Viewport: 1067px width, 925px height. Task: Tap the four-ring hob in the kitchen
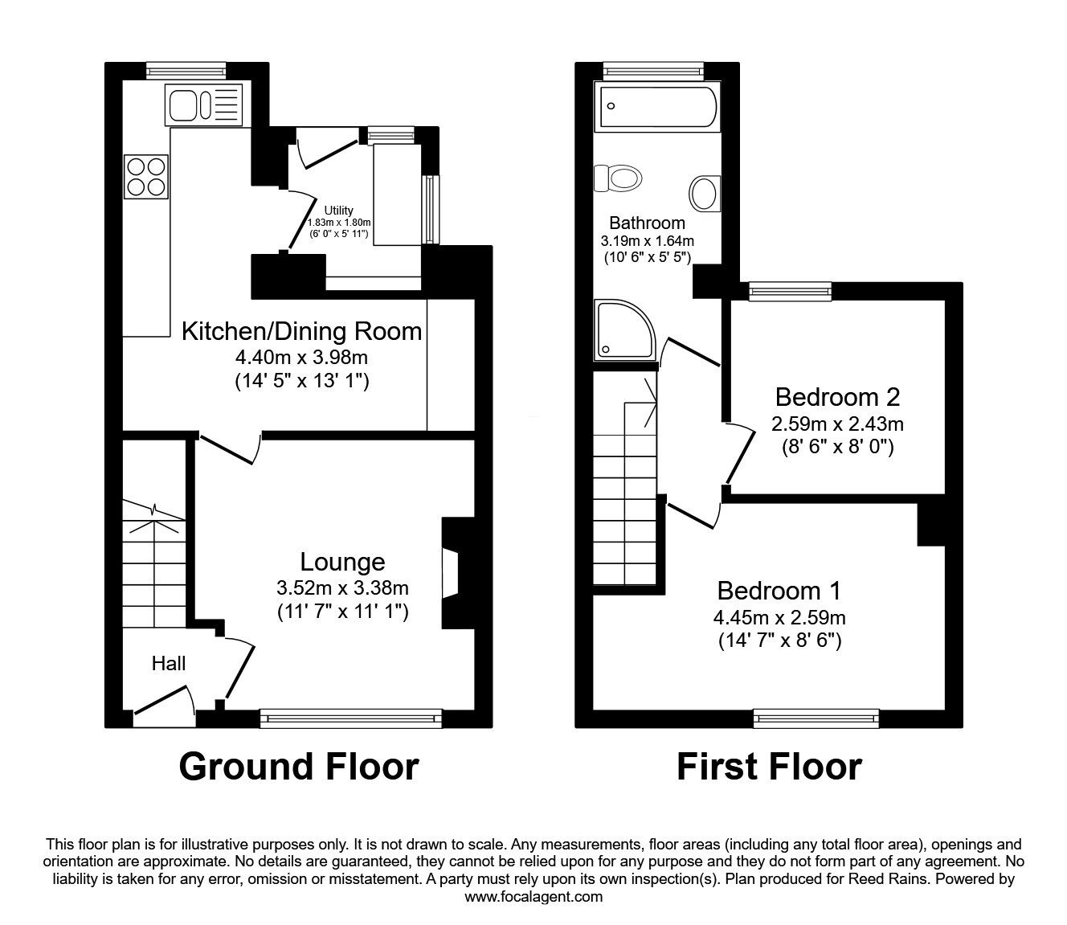coord(146,176)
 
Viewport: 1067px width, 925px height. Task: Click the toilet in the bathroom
coord(618,177)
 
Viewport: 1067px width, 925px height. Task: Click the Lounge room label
coord(342,561)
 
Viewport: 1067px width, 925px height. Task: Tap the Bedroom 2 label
coord(837,396)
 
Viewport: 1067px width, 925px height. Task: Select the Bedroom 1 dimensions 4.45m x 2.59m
coord(779,618)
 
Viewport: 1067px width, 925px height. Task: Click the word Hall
coord(169,663)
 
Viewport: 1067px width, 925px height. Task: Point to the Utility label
coord(338,211)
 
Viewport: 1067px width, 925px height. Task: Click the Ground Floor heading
coord(298,767)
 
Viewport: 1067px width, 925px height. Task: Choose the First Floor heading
coord(769,767)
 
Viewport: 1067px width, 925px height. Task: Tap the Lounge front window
coord(351,717)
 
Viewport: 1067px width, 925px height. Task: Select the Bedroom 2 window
coord(791,290)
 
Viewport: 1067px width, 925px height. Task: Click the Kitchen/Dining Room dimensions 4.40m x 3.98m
coord(301,357)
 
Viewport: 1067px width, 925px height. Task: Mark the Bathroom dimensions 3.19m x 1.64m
coord(647,240)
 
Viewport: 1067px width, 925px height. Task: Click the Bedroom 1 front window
coord(816,717)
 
